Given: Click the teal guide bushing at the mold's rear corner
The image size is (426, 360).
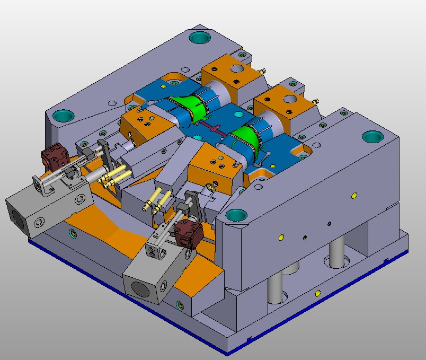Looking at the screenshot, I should tap(200, 38).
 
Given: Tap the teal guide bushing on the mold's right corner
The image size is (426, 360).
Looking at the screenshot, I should tap(373, 136).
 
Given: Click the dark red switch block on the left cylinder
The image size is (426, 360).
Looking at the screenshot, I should tap(56, 157).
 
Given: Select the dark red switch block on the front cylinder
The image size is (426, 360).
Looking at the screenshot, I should tap(189, 233).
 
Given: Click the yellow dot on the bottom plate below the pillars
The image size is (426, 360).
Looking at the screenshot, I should tap(317, 293).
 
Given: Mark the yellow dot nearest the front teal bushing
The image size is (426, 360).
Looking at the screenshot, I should tap(281, 237).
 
